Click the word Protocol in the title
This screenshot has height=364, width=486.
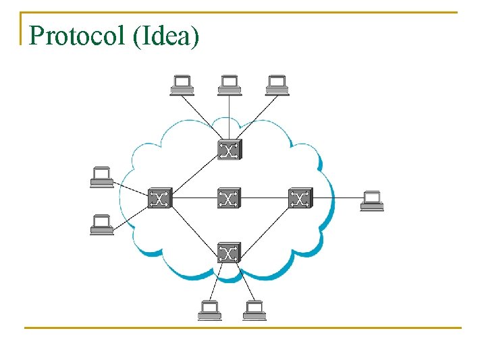(78, 35)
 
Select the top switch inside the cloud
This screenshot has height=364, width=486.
(229, 150)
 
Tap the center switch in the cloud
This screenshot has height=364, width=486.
(229, 198)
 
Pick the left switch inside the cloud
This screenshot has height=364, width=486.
(160, 198)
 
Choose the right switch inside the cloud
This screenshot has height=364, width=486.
(299, 198)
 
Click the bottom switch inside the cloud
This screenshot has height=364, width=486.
(229, 252)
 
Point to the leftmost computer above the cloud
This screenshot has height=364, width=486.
(182, 84)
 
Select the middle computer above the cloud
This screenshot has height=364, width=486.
(230, 84)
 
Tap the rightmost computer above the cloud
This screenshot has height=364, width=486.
(277, 84)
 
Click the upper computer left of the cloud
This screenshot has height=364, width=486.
(102, 177)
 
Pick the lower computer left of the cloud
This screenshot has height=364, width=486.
(102, 224)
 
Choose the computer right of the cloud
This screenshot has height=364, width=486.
(372, 201)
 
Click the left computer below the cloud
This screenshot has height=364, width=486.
(210, 311)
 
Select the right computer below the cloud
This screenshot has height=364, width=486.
(254, 311)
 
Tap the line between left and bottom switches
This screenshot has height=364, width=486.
(194, 225)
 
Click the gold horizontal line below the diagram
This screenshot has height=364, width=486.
(243, 328)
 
